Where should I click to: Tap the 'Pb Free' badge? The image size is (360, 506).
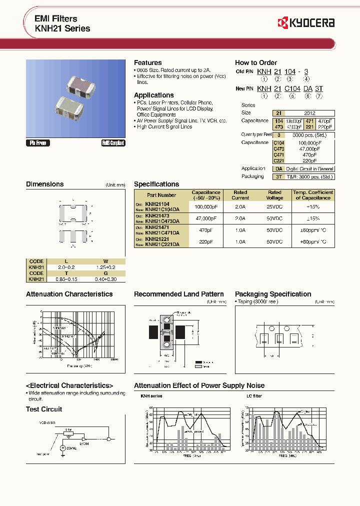[x=38, y=143]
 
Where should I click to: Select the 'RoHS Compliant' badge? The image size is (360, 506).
[x=112, y=143]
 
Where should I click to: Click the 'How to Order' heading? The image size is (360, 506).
[x=255, y=62]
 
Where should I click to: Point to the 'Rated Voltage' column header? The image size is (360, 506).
[x=274, y=195]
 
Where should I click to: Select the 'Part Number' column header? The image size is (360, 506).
[x=161, y=195]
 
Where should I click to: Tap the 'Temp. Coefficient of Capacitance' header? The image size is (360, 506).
[x=313, y=195]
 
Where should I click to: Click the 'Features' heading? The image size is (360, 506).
[x=147, y=62]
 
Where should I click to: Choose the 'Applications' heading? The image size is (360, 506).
[x=153, y=95]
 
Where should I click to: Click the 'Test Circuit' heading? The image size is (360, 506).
[x=44, y=409]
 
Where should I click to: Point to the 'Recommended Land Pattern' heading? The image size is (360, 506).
[x=178, y=294]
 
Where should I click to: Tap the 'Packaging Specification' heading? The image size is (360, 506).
[x=273, y=294]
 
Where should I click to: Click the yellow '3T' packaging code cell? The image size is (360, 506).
[x=279, y=176]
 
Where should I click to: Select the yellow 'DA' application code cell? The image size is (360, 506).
[x=279, y=169]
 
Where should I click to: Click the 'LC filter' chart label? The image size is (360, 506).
[x=254, y=396]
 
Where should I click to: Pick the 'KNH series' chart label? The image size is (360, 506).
[x=151, y=396]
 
